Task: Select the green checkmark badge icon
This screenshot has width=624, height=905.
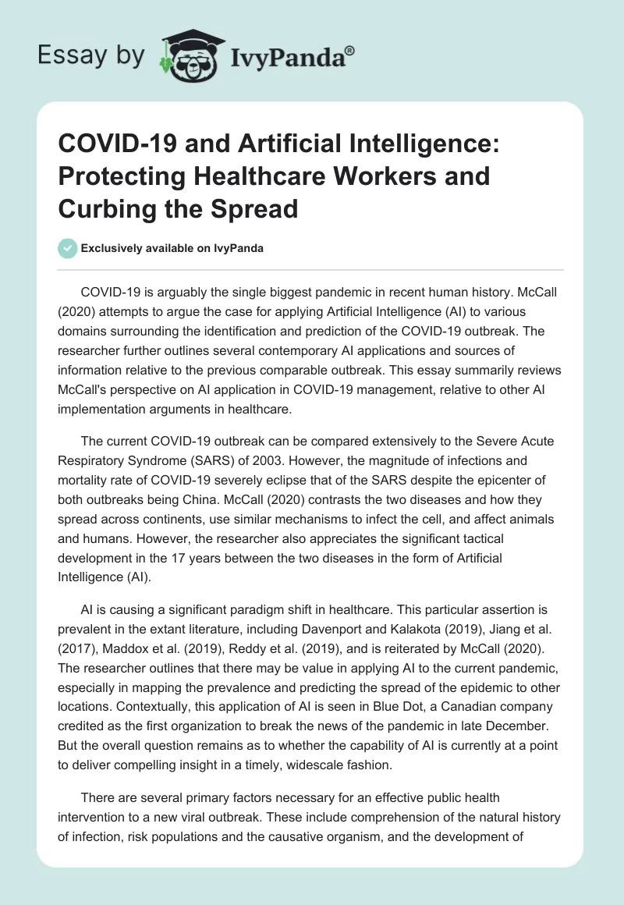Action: (68, 249)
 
